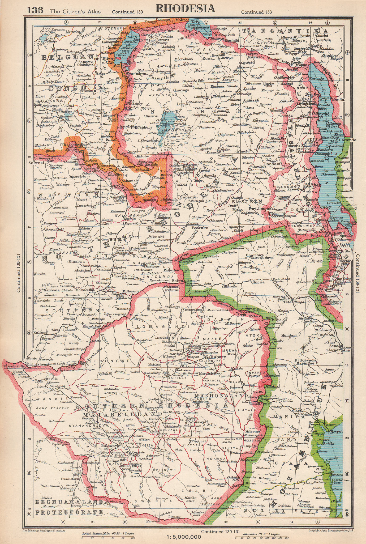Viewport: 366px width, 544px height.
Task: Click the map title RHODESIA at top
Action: tap(185, 8)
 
